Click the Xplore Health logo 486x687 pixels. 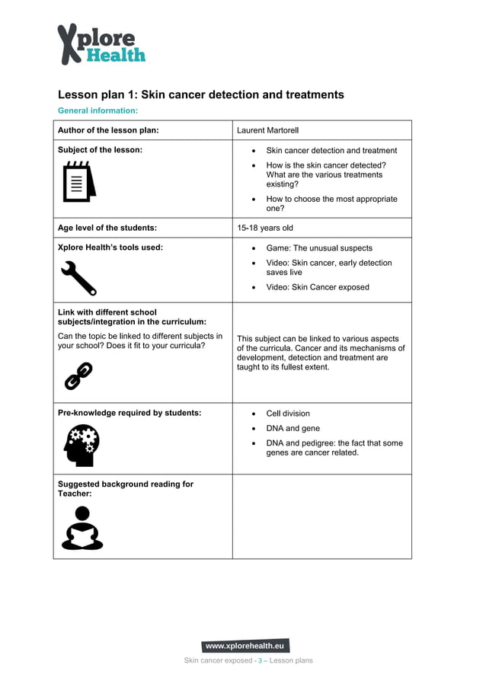pos(101,44)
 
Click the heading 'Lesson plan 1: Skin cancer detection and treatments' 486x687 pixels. pos(201,95)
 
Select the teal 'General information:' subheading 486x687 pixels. pos(98,111)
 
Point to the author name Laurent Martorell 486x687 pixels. pos(267,130)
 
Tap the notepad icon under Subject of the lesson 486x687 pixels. pos(78,181)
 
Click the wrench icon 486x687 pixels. pos(78,277)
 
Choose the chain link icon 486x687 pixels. pos(78,375)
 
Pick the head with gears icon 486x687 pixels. pos(81,445)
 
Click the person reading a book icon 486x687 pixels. pos(82,528)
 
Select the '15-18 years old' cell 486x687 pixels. pos(264,228)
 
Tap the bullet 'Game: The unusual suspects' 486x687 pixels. pos(319,248)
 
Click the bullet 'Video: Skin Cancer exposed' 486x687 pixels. pos(317,287)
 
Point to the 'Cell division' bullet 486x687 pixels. pos(288,414)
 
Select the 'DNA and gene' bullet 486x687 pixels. pos(293,428)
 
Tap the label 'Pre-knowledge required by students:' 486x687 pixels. pos(129,413)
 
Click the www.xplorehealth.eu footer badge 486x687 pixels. pos(245,646)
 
